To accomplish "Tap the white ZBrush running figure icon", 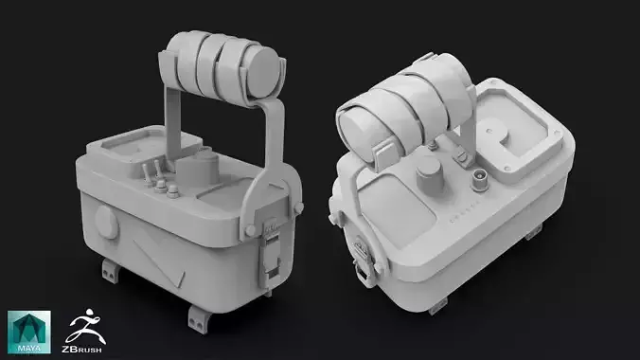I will pyautogui.click(x=80, y=324).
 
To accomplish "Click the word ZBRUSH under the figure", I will pyautogui.click(x=80, y=349).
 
